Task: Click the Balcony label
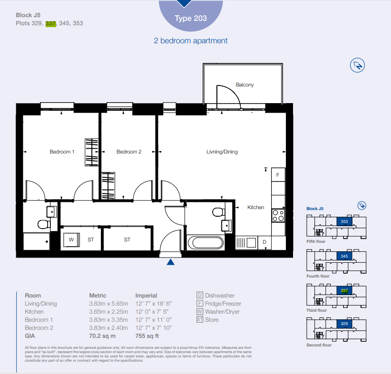(244, 85)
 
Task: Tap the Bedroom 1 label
(62, 152)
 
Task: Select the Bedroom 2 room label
(129, 152)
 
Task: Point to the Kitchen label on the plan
(255, 207)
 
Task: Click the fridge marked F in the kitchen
(278, 175)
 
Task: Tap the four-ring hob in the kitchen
(278, 216)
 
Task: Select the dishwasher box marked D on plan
(264, 242)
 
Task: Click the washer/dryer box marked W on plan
(71, 240)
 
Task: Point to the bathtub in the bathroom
(205, 242)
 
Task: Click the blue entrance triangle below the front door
(171, 262)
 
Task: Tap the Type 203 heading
(191, 18)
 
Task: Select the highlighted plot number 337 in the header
(50, 23)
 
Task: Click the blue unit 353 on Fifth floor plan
(344, 221)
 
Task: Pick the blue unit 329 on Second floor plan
(344, 324)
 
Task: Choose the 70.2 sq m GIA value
(102, 336)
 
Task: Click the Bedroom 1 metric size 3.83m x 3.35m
(108, 320)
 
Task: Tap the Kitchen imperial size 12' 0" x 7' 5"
(152, 312)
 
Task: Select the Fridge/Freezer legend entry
(219, 304)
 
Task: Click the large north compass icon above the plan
(357, 65)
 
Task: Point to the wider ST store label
(127, 240)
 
